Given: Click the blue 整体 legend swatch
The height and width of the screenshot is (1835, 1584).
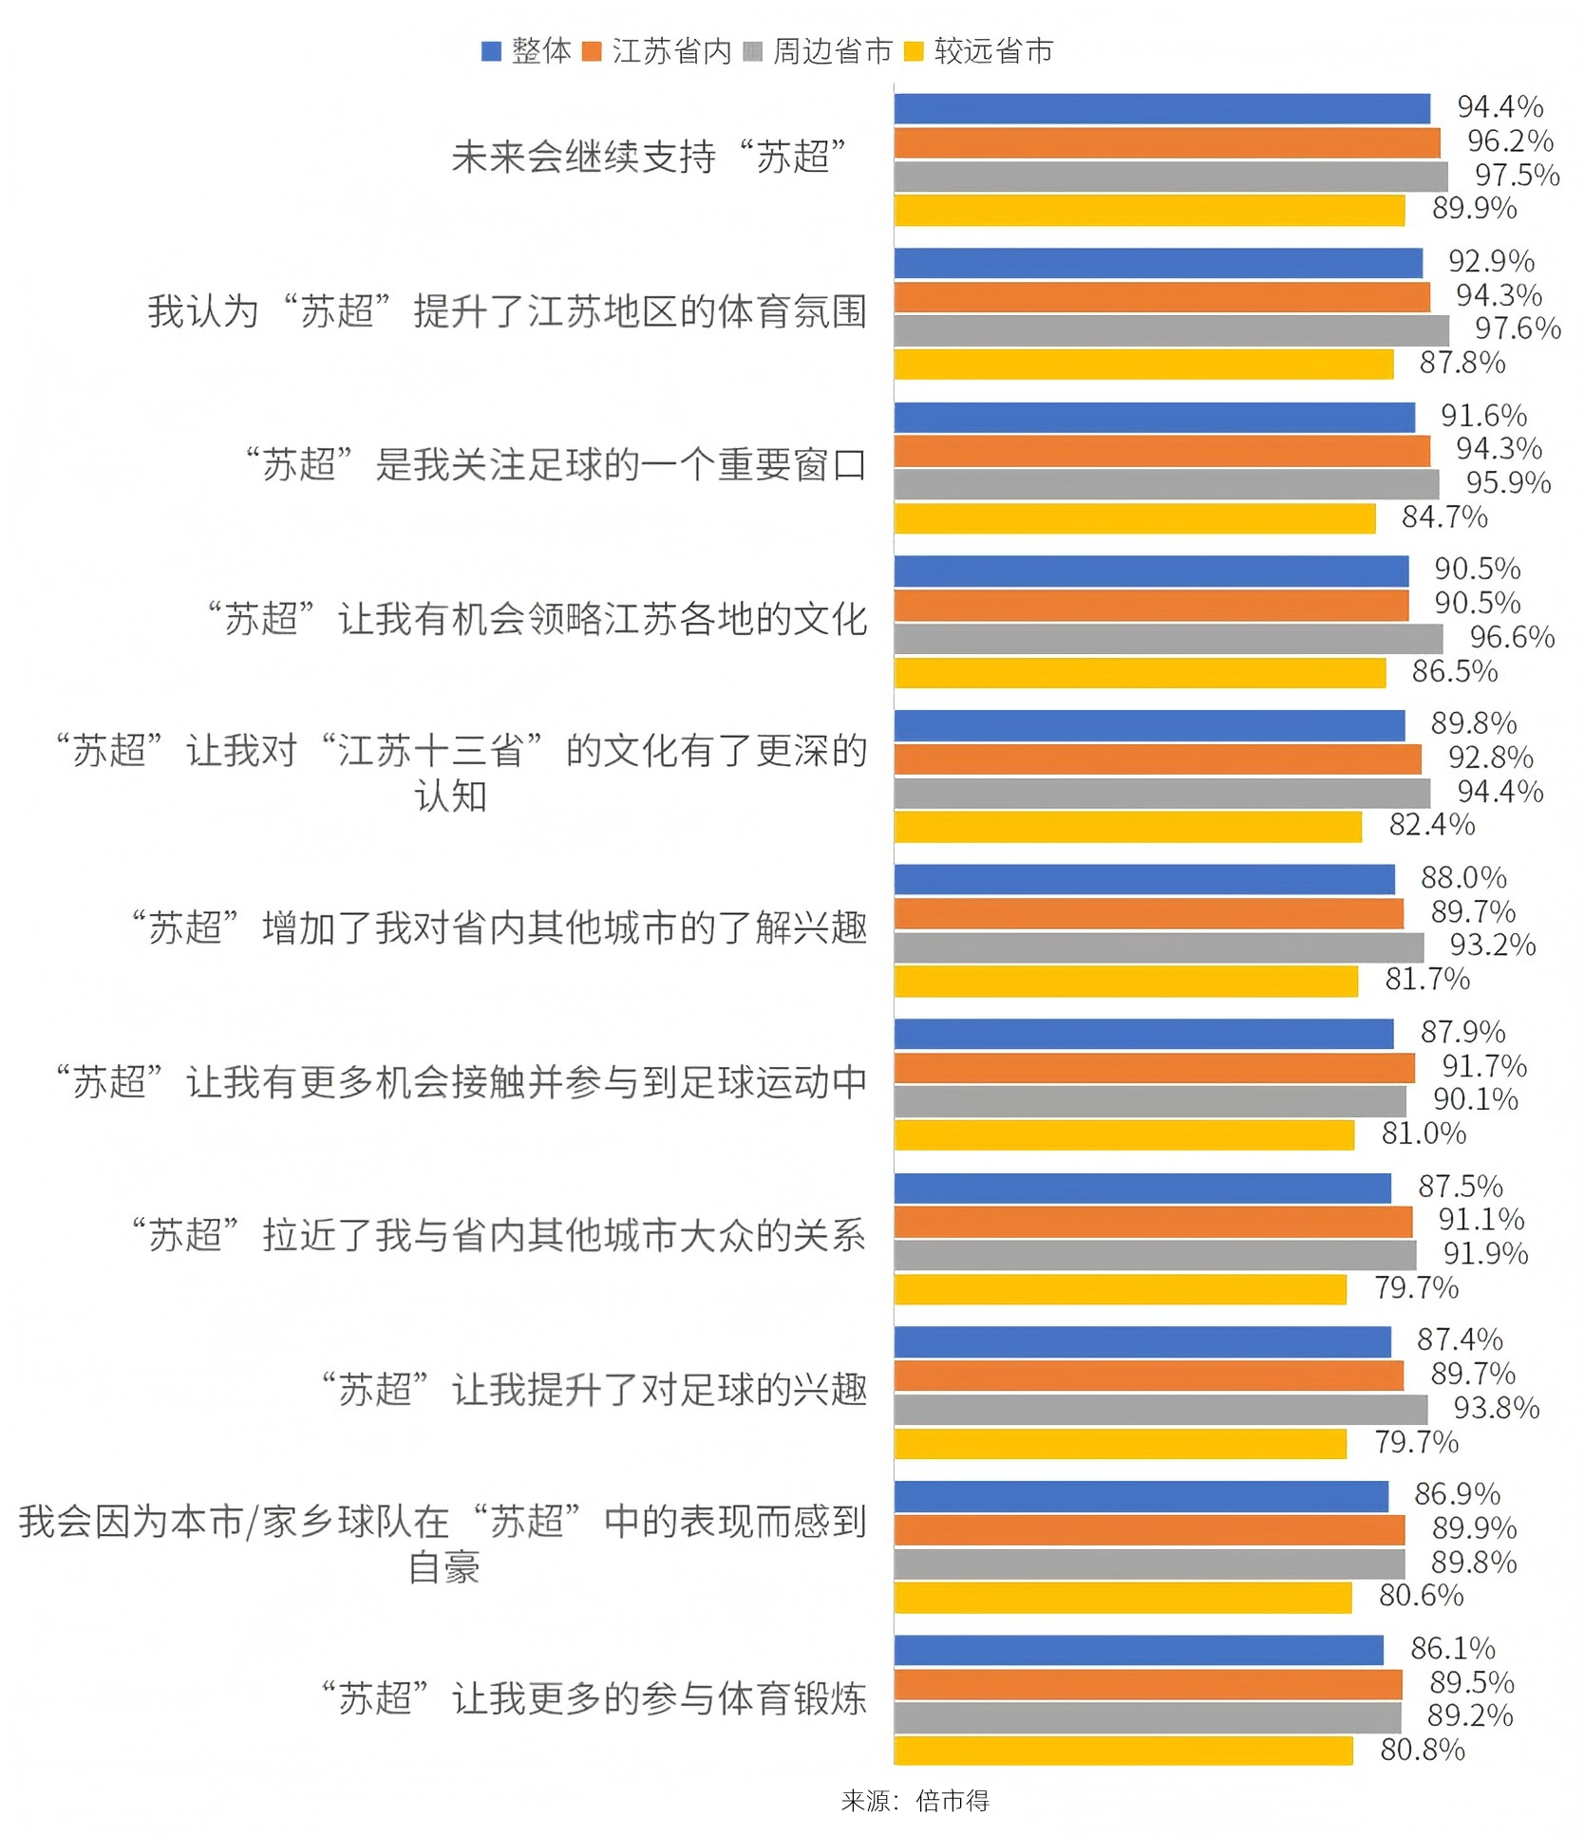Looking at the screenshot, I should pos(491,51).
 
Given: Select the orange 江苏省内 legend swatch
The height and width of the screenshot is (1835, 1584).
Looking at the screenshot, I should pos(592,51).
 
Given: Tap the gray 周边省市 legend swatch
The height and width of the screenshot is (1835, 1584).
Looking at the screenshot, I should pos(753,51).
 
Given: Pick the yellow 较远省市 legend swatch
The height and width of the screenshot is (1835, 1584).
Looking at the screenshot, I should pos(914,51).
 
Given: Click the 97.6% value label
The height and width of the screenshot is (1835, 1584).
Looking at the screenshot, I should pos(1517,328).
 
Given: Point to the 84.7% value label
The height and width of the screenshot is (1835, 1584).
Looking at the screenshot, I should pos(1444,517).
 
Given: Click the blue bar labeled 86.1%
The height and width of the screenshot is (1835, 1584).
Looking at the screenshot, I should pos(1139,1650).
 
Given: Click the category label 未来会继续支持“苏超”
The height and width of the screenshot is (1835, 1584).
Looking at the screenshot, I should pos(649,158).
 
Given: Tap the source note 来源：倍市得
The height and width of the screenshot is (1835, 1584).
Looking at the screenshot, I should pos(915,1801).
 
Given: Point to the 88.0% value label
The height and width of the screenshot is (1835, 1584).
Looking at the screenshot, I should pos(1463,877).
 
